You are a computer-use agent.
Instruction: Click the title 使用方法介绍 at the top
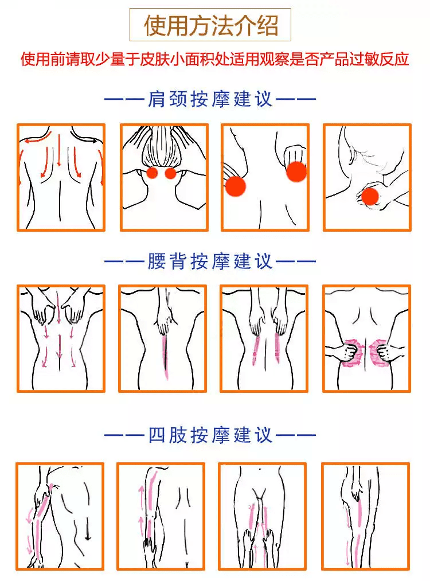(x=210, y=25)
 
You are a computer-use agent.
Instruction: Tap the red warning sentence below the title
(x=215, y=59)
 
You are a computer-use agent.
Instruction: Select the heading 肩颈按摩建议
(x=210, y=99)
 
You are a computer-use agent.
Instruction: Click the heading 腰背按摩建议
(x=210, y=261)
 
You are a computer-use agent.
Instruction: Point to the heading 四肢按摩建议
(x=210, y=435)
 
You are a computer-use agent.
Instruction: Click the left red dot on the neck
(x=152, y=173)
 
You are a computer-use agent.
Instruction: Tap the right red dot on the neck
(x=170, y=173)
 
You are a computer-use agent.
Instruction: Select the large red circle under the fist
(x=296, y=171)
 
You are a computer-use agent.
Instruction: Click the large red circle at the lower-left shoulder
(x=236, y=186)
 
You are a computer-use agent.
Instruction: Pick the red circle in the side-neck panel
(x=370, y=196)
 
